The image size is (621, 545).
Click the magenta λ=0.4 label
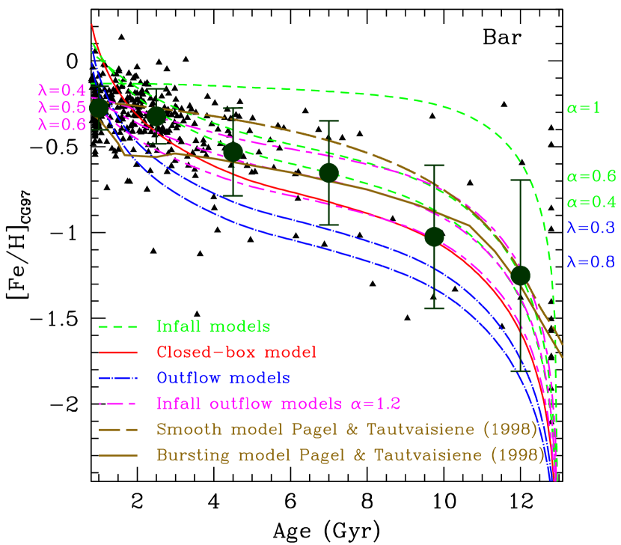[x=61, y=91]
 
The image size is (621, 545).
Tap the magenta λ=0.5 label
[x=61, y=108]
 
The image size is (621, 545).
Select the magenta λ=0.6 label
[x=61, y=124]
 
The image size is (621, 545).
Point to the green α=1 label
[x=583, y=108]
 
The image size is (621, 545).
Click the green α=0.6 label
[x=591, y=177]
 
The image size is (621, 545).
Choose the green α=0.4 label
[x=591, y=202]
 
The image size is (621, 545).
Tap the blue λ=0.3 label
[x=591, y=228]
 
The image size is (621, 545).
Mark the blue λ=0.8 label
[x=591, y=262]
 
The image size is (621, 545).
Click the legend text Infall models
[x=213, y=326]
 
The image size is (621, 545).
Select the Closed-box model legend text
[x=236, y=352]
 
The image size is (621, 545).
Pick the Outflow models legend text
[x=223, y=377]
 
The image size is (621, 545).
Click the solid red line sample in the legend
[x=118, y=352]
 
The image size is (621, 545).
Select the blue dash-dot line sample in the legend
[x=118, y=377]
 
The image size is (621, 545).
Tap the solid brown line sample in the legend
[x=118, y=454]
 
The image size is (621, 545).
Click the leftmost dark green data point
[x=99, y=109]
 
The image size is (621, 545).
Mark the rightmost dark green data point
[x=521, y=275]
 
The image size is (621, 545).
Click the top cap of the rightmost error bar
[x=521, y=180]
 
